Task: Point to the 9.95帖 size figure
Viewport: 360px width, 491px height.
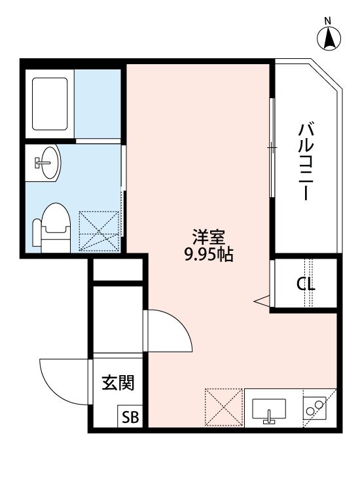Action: click(209, 255)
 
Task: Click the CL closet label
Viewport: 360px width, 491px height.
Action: click(305, 285)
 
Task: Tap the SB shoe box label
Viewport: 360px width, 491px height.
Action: click(128, 418)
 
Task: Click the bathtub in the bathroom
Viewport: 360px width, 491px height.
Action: click(50, 103)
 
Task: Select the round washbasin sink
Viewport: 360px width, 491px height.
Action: click(46, 161)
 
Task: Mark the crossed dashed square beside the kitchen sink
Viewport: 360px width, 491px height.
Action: click(223, 407)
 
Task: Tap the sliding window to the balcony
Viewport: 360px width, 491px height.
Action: click(272, 147)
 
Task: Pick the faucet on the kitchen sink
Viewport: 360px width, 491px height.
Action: click(269, 417)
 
